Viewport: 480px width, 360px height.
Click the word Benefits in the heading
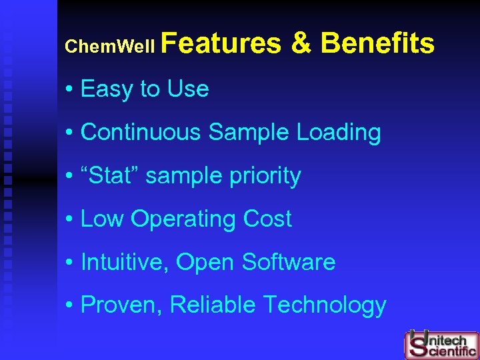pos(377,43)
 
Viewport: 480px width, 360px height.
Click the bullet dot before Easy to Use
pos(69,89)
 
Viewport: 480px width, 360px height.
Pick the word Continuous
pos(141,132)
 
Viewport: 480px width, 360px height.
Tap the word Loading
pos(339,132)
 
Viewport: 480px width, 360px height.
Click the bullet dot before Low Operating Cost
pos(69,219)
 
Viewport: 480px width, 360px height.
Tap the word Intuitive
pos(125,262)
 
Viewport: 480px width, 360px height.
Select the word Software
pos(289,262)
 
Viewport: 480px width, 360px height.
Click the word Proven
pos(122,305)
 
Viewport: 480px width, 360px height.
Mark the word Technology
pos(325,305)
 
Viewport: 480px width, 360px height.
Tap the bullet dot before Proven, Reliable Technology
pos(69,305)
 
